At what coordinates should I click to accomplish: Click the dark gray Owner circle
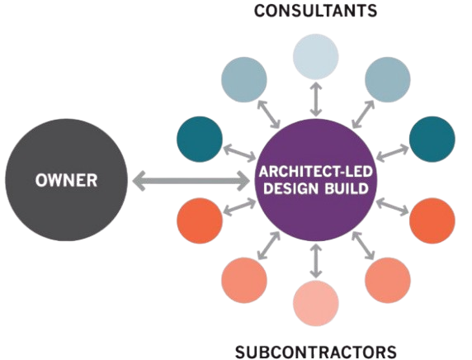66,180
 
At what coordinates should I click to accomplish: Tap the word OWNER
66,181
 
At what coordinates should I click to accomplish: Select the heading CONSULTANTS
315,11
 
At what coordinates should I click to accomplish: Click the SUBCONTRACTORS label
315,352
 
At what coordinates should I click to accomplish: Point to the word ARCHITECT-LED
315,172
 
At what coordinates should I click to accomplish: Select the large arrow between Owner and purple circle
191,181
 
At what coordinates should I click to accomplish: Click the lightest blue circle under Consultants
316,56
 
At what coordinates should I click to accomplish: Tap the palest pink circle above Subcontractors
316,303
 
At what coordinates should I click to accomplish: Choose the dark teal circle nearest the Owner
200,139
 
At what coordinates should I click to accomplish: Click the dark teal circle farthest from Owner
432,139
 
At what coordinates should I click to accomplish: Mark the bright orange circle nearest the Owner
200,220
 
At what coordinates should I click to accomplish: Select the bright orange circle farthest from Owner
432,220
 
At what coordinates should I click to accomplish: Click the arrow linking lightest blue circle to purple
316,100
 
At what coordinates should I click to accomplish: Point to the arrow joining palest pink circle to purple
316,261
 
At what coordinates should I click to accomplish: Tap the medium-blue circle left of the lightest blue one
244,80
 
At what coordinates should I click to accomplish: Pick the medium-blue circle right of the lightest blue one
388,80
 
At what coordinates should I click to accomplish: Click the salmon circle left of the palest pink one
244,280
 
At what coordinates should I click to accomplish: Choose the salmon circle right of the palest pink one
388,280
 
